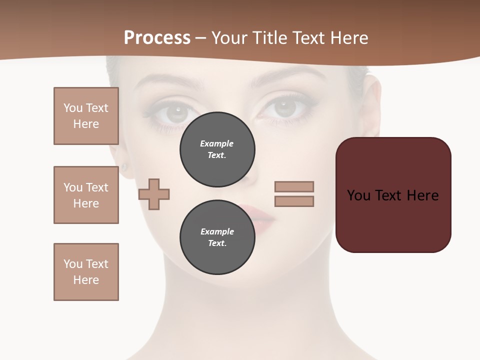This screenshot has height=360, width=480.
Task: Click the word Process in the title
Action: click(157, 38)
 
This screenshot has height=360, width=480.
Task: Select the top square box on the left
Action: click(86, 116)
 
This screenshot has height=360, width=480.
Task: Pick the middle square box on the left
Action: click(86, 195)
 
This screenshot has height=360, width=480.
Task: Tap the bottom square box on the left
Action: click(86, 272)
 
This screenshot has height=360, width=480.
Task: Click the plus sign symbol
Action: click(154, 194)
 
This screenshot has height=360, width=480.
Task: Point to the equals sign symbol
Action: click(294, 194)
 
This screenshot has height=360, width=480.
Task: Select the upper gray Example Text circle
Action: click(217, 149)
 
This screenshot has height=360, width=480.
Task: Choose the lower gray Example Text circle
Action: click(217, 237)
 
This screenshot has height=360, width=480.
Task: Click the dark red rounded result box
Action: click(393, 195)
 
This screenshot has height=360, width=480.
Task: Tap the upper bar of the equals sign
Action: click(294, 187)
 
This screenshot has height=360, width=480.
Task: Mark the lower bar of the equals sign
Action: click(294, 201)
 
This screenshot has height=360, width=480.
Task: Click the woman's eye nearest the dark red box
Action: click(285, 107)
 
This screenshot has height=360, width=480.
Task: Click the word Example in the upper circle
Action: click(217, 143)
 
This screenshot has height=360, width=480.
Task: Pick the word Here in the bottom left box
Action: click(86, 280)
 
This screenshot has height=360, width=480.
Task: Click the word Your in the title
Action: click(229, 38)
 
